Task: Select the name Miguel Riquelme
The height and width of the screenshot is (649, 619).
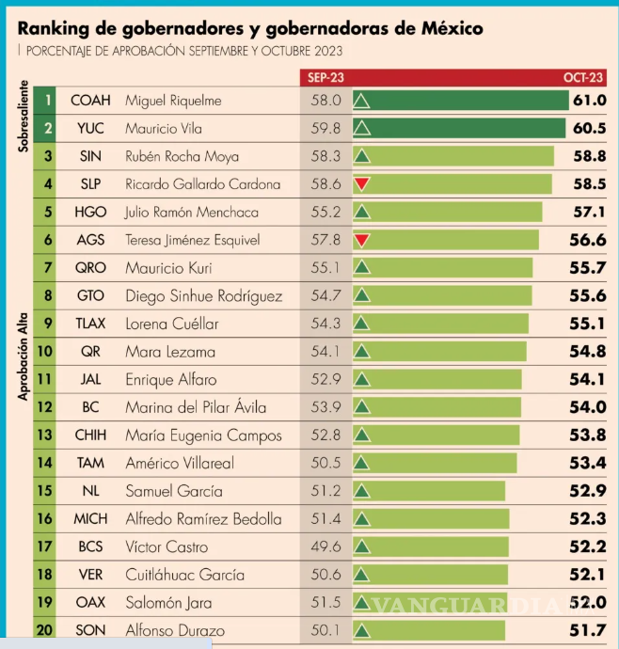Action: pos(173,100)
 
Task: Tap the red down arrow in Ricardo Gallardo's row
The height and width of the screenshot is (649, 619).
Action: pos(361,184)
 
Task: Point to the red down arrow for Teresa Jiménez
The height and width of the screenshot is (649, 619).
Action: pos(361,241)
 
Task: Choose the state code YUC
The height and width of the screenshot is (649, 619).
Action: pos(90,128)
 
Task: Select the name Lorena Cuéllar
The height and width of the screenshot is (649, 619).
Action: pos(171,324)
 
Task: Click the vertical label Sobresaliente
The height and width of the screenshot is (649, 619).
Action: pos(23,115)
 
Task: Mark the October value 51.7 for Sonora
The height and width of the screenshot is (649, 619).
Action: pos(589,629)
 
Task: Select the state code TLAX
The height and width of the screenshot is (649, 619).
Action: pos(90,324)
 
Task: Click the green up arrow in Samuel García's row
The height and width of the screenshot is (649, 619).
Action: pos(361,491)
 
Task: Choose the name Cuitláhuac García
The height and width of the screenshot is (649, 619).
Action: pos(184,575)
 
